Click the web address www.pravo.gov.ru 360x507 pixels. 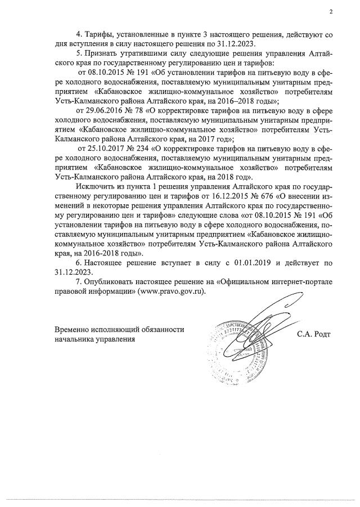[166, 292]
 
